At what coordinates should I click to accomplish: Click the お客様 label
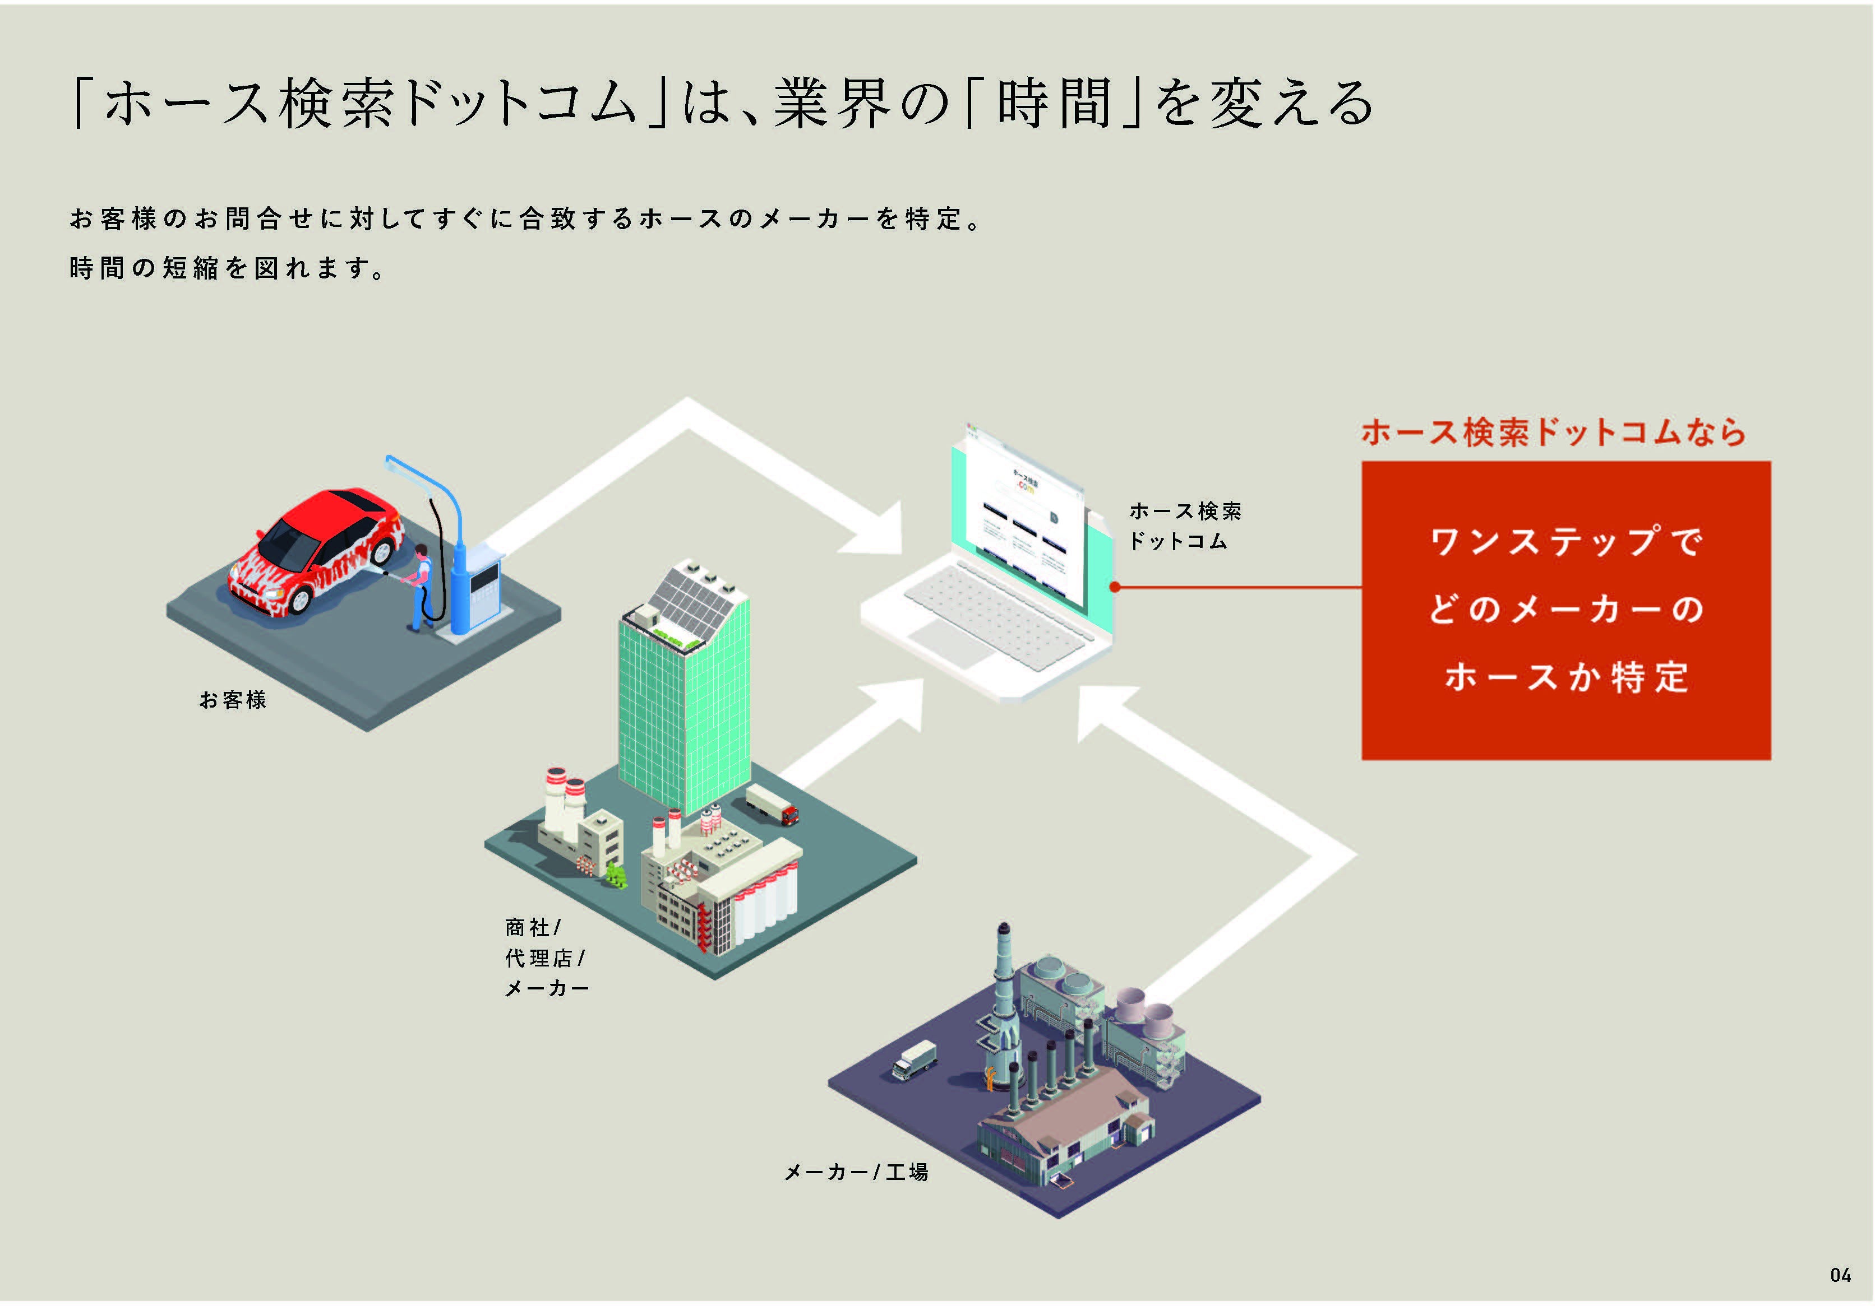(x=233, y=700)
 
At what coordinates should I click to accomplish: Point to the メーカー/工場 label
(x=856, y=1172)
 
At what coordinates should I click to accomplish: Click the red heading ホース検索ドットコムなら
(x=1553, y=432)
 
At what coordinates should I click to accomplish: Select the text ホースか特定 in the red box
(x=1565, y=677)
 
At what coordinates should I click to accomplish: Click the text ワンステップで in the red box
(x=1565, y=541)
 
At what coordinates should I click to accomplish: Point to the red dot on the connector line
(x=1115, y=587)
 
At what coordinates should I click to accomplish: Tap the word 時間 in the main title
(x=1054, y=104)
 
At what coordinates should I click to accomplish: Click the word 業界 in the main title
(x=832, y=104)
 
